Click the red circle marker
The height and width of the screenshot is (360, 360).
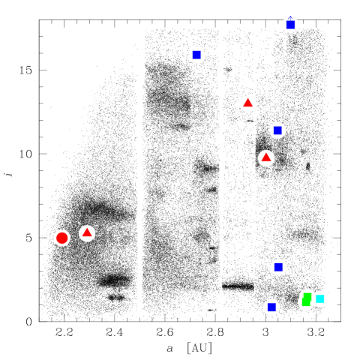(x=61, y=238)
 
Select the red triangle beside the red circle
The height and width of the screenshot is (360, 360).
(x=87, y=233)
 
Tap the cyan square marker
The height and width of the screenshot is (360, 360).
(x=320, y=298)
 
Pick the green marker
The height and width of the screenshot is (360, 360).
(x=307, y=299)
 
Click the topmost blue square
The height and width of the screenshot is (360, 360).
(x=290, y=25)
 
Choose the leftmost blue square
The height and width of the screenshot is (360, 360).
(x=196, y=55)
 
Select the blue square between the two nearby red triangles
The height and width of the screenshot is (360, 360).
(x=277, y=130)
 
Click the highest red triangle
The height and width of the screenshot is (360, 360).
(x=247, y=103)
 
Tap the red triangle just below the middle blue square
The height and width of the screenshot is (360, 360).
(x=266, y=157)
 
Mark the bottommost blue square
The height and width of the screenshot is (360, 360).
(x=271, y=307)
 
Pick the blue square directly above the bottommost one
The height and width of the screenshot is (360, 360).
(x=278, y=267)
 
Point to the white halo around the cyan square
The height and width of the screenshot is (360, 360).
(x=325, y=298)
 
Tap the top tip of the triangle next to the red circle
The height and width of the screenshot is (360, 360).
(x=87, y=228)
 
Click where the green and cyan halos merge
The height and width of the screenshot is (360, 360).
(x=314, y=298)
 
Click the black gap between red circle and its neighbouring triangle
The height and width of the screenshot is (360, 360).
(x=74, y=235)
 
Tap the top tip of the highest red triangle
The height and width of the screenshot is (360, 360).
(x=247, y=98)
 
